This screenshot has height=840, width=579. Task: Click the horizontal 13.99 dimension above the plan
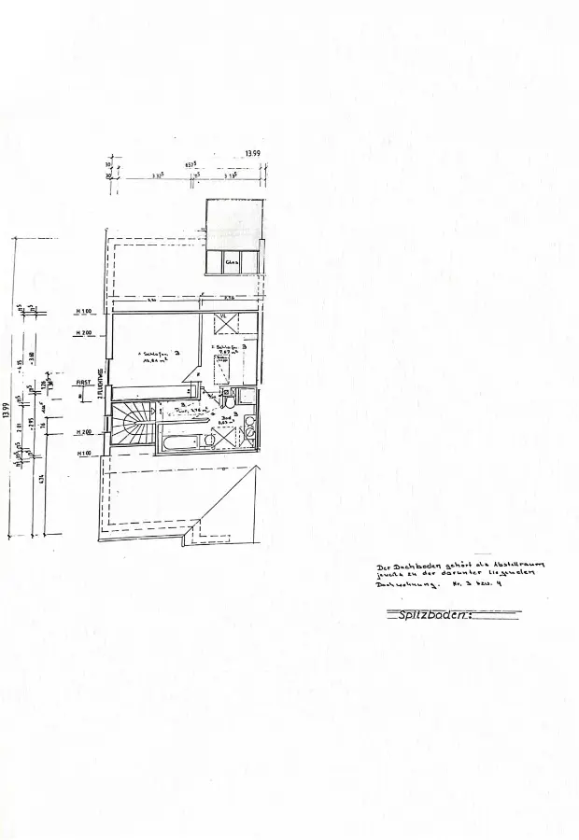click(x=252, y=153)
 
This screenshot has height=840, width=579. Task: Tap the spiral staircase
click(x=133, y=427)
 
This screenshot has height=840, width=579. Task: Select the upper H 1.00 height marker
click(x=84, y=311)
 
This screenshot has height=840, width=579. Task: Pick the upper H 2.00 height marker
click(x=84, y=333)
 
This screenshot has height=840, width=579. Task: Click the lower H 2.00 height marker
click(x=84, y=433)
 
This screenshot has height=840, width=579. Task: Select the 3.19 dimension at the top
click(x=230, y=175)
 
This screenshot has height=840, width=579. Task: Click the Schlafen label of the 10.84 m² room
click(x=154, y=354)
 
